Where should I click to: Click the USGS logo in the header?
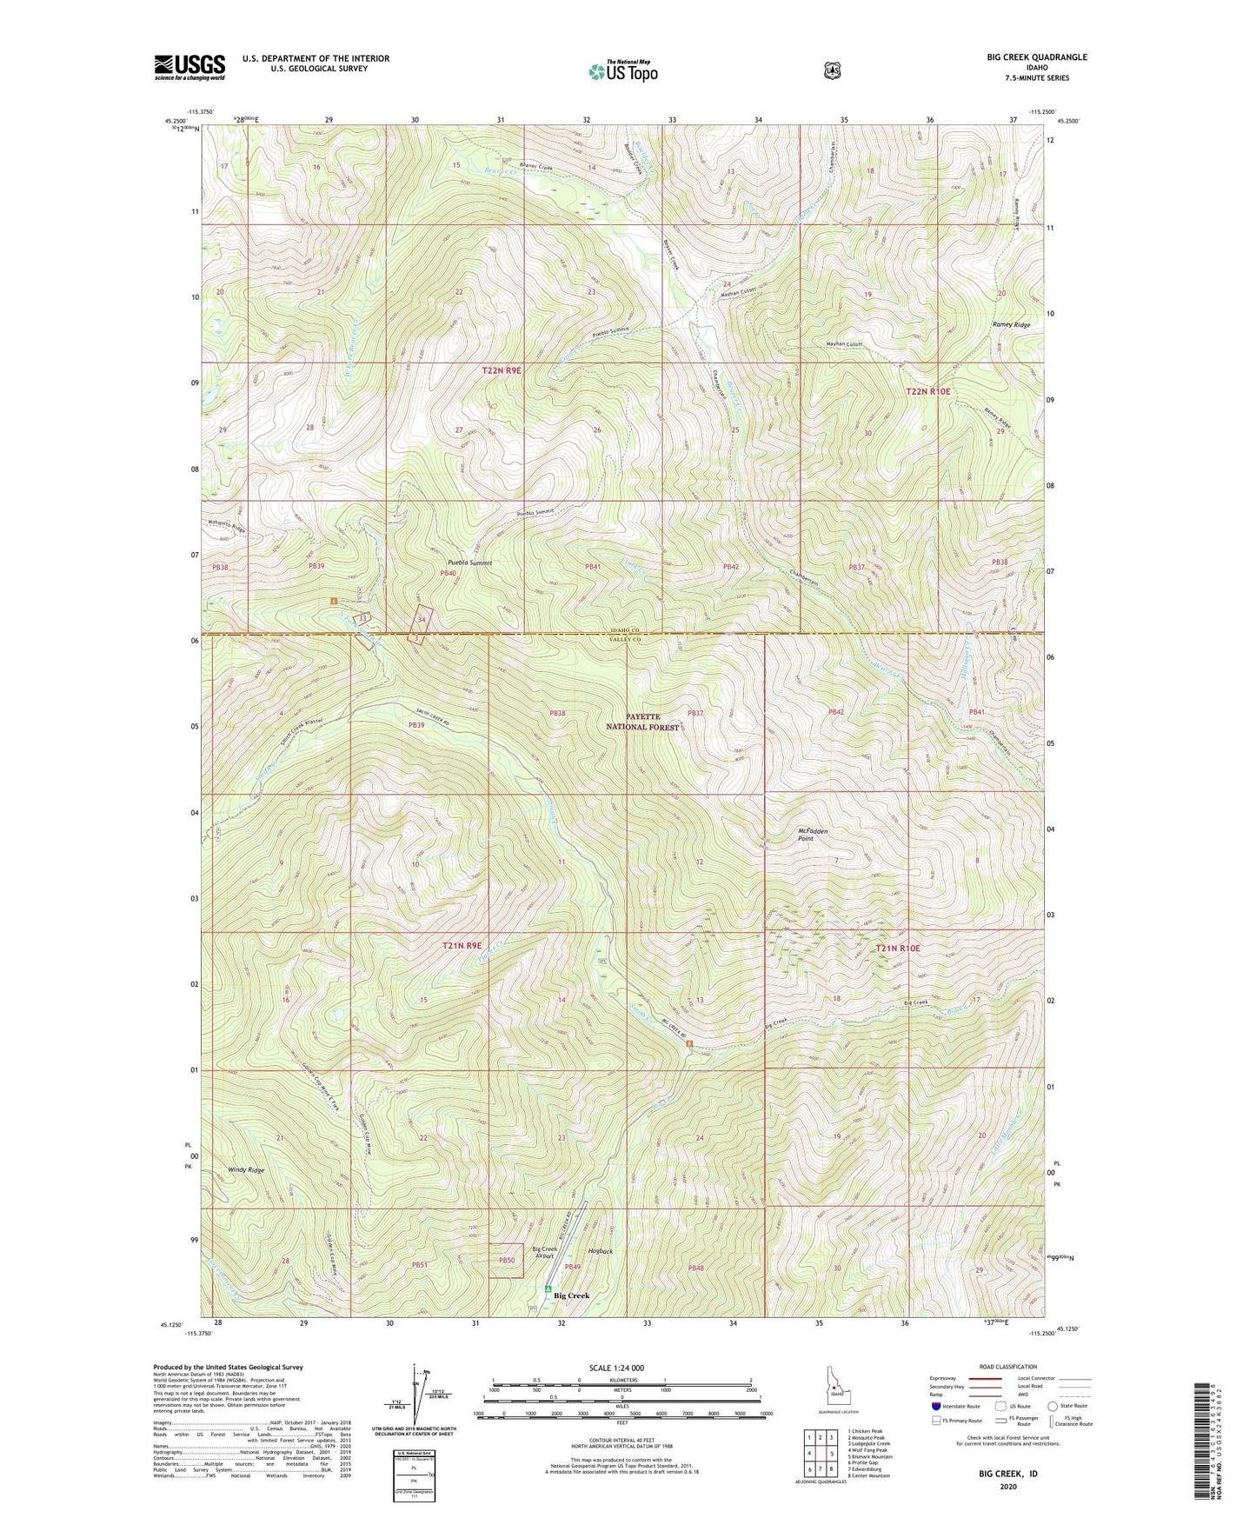(189, 67)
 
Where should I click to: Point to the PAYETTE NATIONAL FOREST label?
(643, 722)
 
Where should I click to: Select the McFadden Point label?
(812, 835)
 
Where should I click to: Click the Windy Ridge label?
(246, 1170)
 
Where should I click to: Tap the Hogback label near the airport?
(600, 1251)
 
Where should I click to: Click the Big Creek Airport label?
(545, 1253)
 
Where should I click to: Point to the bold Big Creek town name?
(572, 1295)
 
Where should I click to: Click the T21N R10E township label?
(898, 948)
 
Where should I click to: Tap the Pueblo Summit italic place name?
(469, 563)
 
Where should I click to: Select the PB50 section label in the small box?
(507, 1260)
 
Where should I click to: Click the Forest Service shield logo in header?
(832, 70)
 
